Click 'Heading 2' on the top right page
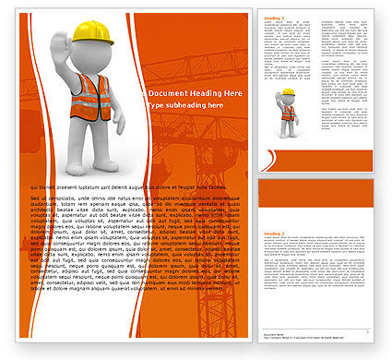click(273, 18)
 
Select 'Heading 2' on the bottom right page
click(273, 235)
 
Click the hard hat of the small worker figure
click(289, 92)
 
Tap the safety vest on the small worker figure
click(288, 113)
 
